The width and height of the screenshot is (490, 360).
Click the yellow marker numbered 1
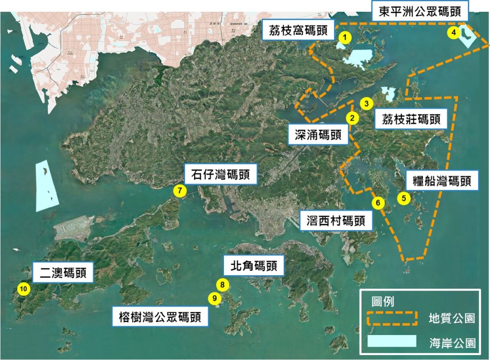[x=345, y=37]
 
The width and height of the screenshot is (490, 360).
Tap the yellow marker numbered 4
[x=454, y=32]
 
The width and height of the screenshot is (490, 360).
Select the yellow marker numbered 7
[x=180, y=191]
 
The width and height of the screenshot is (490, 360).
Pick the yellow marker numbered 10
[x=23, y=288]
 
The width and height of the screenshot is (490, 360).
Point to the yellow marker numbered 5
[x=404, y=198]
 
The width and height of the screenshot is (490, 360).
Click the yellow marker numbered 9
[x=214, y=297]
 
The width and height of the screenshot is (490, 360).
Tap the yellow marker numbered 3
[x=366, y=103]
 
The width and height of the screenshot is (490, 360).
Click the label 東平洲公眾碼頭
[x=420, y=11]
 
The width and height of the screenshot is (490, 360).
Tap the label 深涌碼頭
[x=318, y=135]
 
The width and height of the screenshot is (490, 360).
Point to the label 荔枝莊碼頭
[x=411, y=119]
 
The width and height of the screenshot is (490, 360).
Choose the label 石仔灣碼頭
[x=220, y=175]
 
